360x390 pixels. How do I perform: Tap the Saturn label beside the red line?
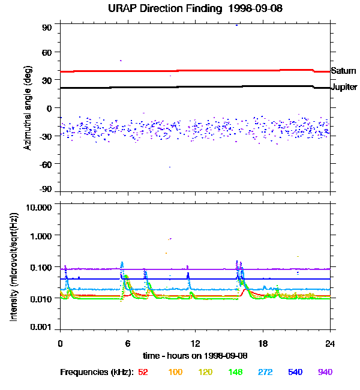coord(343,71)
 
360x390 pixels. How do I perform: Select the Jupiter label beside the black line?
coord(344,88)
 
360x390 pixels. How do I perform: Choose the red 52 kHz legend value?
coord(143,372)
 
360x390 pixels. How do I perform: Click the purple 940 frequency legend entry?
coord(325,372)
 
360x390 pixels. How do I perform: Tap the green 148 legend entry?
coord(236,372)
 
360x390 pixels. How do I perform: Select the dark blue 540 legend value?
coord(295,372)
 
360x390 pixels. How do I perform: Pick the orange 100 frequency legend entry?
coord(175,372)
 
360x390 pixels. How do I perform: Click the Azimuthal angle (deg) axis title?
coord(27,108)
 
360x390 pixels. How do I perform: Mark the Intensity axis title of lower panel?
coord(13,267)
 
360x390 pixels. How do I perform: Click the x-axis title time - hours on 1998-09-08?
coord(195,355)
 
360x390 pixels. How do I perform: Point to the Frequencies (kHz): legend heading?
coord(97,372)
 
